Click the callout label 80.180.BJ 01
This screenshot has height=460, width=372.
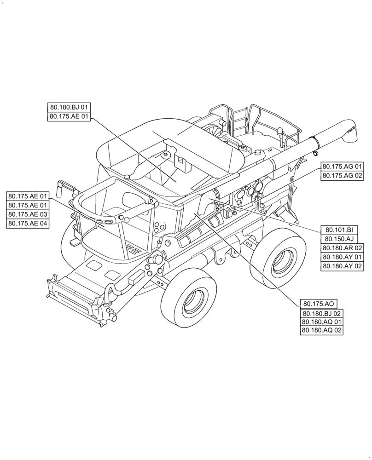(70, 108)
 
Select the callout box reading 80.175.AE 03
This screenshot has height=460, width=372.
(28, 214)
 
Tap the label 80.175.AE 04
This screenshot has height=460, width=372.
(28, 224)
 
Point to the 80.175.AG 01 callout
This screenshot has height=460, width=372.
(342, 167)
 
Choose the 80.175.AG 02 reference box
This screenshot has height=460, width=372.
(342, 176)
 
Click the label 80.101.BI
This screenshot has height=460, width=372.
(338, 230)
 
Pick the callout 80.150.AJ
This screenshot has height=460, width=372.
(338, 239)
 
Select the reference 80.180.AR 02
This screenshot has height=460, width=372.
(342, 248)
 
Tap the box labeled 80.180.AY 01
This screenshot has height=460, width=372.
(342, 257)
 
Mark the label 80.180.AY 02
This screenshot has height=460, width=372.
(342, 266)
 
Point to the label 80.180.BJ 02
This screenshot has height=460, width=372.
(321, 313)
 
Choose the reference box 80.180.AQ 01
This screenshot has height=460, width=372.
(321, 322)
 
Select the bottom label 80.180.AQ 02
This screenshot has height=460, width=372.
(321, 330)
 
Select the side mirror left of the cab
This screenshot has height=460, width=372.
(60, 188)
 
